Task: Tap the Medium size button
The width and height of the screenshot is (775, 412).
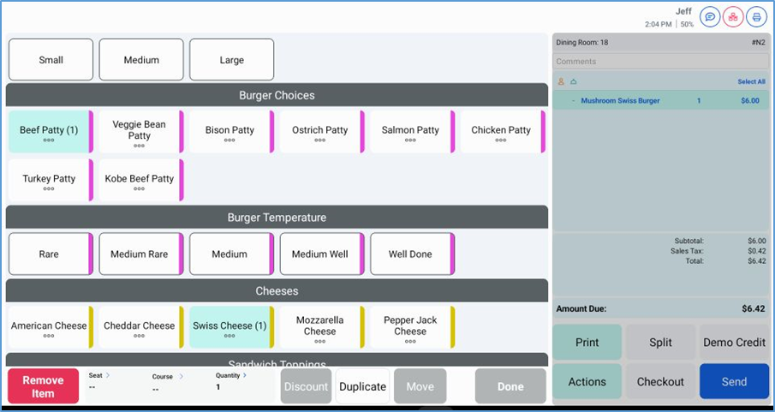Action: (x=141, y=60)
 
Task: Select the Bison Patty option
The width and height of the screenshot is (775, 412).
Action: (x=230, y=131)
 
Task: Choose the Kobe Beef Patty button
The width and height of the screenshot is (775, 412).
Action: (x=139, y=180)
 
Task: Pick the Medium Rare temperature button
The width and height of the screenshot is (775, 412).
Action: (x=139, y=254)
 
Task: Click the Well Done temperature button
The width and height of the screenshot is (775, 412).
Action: (x=410, y=254)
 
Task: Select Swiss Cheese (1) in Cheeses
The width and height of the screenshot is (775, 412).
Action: (x=230, y=327)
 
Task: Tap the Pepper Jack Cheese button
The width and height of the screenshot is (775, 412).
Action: (x=410, y=327)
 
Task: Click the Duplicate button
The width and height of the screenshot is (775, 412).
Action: (x=362, y=386)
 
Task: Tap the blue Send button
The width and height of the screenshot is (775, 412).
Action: (x=734, y=382)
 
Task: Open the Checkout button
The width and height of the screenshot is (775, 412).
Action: (x=660, y=382)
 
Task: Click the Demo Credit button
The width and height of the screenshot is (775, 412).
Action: (x=734, y=343)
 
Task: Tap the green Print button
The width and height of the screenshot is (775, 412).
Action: (x=587, y=343)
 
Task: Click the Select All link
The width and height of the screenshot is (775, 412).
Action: (x=751, y=82)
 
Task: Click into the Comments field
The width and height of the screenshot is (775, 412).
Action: (x=659, y=62)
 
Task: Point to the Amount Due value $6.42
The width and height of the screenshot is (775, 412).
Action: (x=753, y=309)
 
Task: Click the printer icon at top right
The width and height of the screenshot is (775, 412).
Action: (x=756, y=17)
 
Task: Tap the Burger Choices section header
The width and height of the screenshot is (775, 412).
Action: (x=277, y=95)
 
